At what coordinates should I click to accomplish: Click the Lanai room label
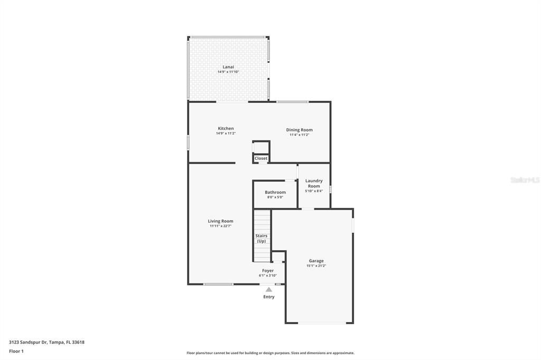click(228, 67)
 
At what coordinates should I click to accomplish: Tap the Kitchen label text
click(226, 128)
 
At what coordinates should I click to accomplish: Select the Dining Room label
click(299, 130)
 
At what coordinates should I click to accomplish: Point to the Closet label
click(261, 158)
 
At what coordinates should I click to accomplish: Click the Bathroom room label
click(275, 192)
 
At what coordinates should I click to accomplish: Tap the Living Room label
click(220, 221)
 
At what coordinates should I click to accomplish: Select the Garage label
click(316, 261)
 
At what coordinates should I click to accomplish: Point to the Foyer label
click(268, 270)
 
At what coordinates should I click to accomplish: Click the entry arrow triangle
click(269, 289)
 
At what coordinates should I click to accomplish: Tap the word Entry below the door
click(269, 297)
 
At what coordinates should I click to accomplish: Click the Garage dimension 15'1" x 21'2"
click(316, 266)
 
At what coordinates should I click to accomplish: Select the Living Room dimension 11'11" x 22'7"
click(220, 226)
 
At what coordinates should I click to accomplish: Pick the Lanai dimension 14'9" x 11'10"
click(228, 72)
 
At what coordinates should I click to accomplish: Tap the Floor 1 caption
click(16, 351)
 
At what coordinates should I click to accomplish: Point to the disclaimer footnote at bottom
click(270, 353)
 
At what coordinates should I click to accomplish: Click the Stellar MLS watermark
click(525, 180)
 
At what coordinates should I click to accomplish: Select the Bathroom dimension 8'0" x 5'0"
click(275, 197)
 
